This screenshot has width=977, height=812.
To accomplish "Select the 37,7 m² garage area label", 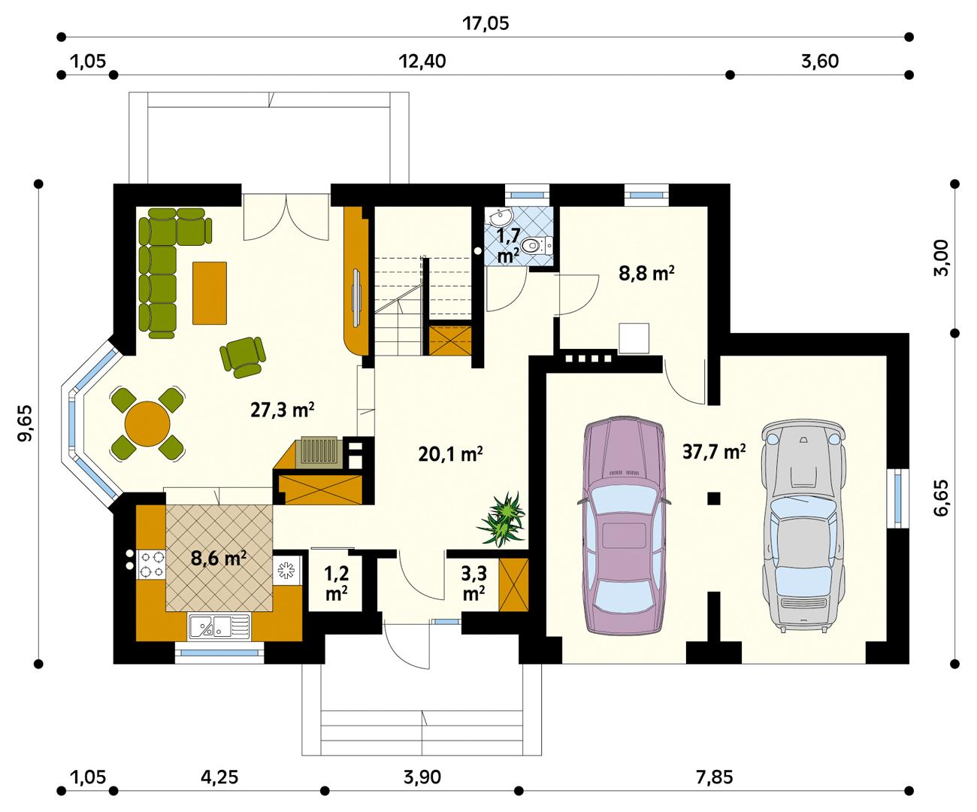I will click(714, 451).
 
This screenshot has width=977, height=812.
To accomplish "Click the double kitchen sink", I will click(219, 626).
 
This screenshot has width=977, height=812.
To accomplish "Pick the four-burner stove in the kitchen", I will click(152, 564).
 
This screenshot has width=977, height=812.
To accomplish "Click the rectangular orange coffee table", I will click(210, 292).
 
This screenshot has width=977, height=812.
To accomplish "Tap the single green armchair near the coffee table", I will click(243, 356).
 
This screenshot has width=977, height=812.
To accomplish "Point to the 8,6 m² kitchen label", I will click(219, 559).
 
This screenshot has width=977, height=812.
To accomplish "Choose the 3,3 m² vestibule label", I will click(473, 583).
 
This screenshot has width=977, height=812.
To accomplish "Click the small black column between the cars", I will click(713, 497).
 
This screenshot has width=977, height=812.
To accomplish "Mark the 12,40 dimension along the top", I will click(422, 62).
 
